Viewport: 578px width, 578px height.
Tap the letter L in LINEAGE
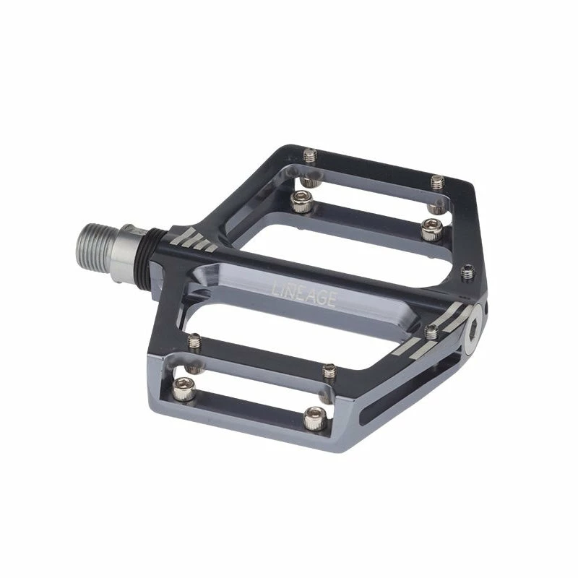coord(275,287)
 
